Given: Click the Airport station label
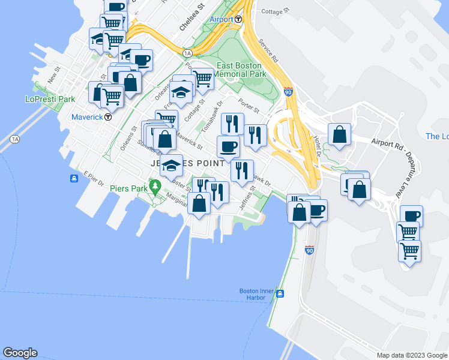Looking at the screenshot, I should click(x=221, y=19).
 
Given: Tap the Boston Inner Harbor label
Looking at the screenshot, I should click(x=256, y=294).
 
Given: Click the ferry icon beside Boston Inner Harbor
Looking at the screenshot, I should click(x=280, y=293).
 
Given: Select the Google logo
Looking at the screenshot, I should click(x=20, y=353).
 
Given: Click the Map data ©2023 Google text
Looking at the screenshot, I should click(x=411, y=355).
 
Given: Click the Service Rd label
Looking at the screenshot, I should click(x=268, y=52).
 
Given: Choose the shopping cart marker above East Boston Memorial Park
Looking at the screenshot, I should click(x=203, y=78).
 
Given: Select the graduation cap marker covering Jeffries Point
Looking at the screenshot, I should click(x=172, y=164).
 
